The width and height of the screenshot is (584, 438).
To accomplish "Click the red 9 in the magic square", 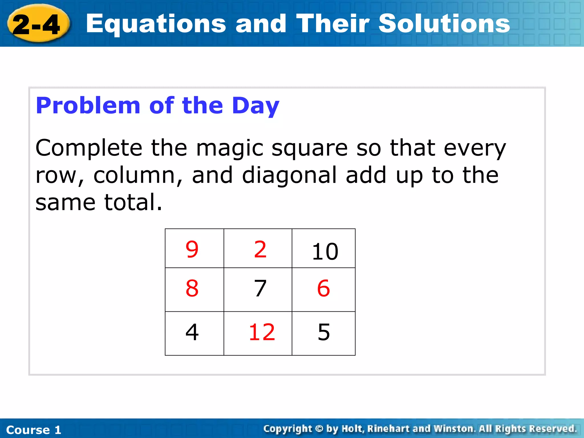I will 192,249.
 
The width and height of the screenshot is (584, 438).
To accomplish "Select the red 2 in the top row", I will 260,249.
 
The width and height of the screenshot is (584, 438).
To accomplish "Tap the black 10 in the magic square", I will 325,252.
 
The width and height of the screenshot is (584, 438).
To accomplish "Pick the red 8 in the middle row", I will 192,288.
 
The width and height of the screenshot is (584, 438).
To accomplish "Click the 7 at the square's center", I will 260,288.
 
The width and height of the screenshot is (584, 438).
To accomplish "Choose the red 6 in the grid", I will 324,288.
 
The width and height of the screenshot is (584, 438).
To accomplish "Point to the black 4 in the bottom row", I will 192,332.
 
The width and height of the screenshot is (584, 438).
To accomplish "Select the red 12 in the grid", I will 262,332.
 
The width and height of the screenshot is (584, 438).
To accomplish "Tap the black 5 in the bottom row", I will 324,332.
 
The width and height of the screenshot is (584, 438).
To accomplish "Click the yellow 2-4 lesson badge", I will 37,24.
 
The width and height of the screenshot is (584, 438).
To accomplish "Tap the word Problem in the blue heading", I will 88,106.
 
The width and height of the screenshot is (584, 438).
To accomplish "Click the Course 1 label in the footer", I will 34,430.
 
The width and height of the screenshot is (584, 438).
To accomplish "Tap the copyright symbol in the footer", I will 319,429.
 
